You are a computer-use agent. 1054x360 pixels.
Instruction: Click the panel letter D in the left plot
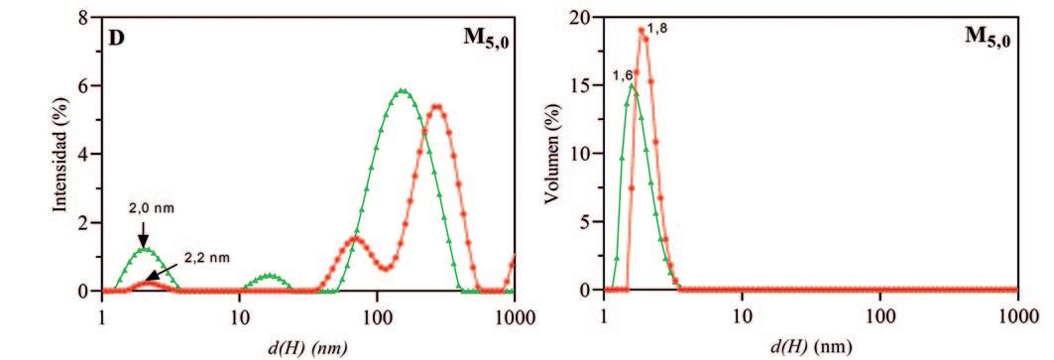(116, 39)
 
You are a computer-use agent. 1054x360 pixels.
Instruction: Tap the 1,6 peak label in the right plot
(621, 76)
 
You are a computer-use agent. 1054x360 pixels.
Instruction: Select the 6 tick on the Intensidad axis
(86, 86)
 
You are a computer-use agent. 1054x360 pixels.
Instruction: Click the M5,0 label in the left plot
(486, 41)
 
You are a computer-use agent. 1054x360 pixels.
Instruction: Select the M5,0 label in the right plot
(989, 39)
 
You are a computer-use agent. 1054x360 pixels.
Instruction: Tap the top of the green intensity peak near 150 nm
(402, 90)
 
